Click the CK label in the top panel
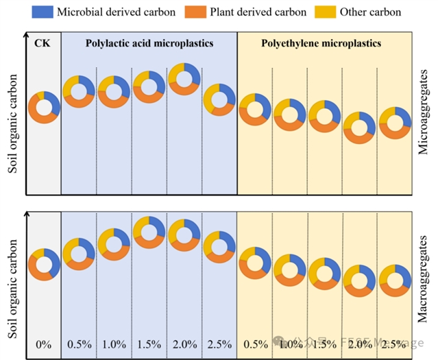pos(42,43)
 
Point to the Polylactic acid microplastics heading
pos(149,43)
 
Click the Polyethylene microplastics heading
pos(321,43)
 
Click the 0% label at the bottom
pos(43,344)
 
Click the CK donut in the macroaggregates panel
pos(44,264)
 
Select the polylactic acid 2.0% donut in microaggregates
pos(184,78)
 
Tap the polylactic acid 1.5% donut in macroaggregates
pos(149,231)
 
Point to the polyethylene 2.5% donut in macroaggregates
pos(394,280)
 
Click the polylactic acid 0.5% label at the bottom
pos(79,344)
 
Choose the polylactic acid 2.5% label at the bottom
pos(219,344)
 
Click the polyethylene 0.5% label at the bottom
pos(254,344)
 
